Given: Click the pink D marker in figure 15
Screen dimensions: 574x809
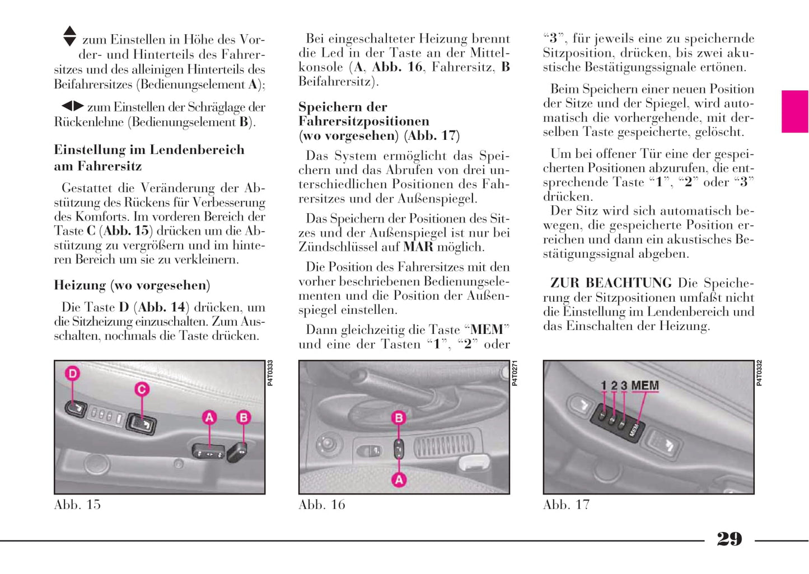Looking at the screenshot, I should click(x=73, y=373).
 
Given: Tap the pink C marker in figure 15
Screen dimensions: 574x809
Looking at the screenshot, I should click(x=142, y=389).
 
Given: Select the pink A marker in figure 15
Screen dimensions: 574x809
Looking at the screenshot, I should click(x=209, y=417).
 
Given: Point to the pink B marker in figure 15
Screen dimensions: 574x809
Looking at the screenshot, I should click(x=244, y=417).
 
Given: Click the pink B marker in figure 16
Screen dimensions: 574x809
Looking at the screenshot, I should click(x=399, y=417).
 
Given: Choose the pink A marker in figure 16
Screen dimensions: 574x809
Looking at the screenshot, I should click(x=399, y=479).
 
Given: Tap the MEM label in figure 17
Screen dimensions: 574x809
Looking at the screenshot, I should click(x=645, y=385).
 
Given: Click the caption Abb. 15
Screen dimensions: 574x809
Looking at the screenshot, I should click(x=77, y=505).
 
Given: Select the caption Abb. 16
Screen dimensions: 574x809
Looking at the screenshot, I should click(x=322, y=505).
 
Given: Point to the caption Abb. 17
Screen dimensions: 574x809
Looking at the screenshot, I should click(x=566, y=505).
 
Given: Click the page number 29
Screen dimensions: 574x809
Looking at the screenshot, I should click(x=729, y=539).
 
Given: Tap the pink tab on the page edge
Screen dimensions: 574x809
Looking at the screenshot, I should click(x=794, y=111).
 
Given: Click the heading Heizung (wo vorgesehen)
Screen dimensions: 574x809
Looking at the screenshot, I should click(x=132, y=285).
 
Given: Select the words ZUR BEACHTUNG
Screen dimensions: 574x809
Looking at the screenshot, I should click(x=611, y=283).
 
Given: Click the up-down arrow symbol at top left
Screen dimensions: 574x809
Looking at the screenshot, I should click(x=69, y=36).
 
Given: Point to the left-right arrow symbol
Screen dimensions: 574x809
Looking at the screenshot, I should click(x=72, y=106).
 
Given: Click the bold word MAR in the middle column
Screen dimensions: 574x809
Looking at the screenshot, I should click(x=418, y=247).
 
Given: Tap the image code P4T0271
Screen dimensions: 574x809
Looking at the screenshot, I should click(x=515, y=373).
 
